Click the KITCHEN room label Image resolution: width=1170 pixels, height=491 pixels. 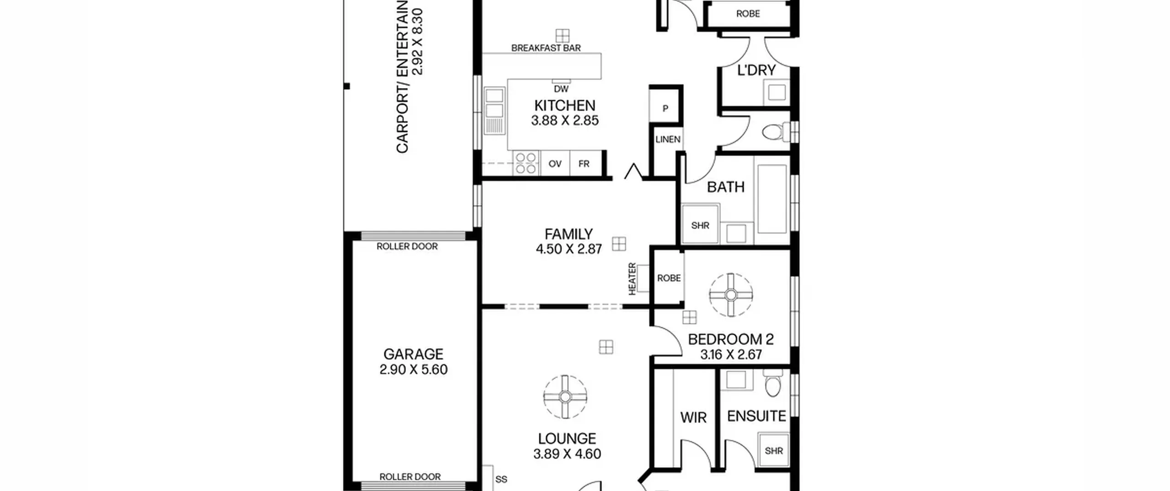(x=564, y=106)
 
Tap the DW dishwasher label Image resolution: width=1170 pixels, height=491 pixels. (x=561, y=89)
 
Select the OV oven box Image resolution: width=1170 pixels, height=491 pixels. (x=555, y=164)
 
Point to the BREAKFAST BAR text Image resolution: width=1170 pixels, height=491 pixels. (x=546, y=48)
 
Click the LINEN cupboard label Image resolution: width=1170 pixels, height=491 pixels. (x=668, y=139)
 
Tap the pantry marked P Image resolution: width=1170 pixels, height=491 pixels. (x=665, y=106)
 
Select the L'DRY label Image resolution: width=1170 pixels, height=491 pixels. (x=756, y=70)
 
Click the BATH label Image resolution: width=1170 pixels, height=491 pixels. (x=726, y=187)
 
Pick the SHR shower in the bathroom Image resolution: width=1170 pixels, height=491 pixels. (x=700, y=224)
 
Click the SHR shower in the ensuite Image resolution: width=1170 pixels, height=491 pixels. (x=774, y=451)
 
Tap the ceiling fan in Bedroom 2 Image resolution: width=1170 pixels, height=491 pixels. (x=731, y=295)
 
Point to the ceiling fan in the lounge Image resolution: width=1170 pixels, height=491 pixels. (x=565, y=397)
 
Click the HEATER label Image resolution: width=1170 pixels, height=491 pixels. (x=632, y=279)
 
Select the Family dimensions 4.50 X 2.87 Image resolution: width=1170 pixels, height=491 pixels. (x=569, y=249)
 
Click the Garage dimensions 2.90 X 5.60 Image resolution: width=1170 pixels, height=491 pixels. (x=413, y=369)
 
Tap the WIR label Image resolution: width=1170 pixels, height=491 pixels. (x=693, y=417)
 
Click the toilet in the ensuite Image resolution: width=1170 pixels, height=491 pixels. (x=772, y=384)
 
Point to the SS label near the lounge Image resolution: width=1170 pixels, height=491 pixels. (x=501, y=479)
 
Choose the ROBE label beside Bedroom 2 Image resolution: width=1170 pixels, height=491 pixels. (x=669, y=278)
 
